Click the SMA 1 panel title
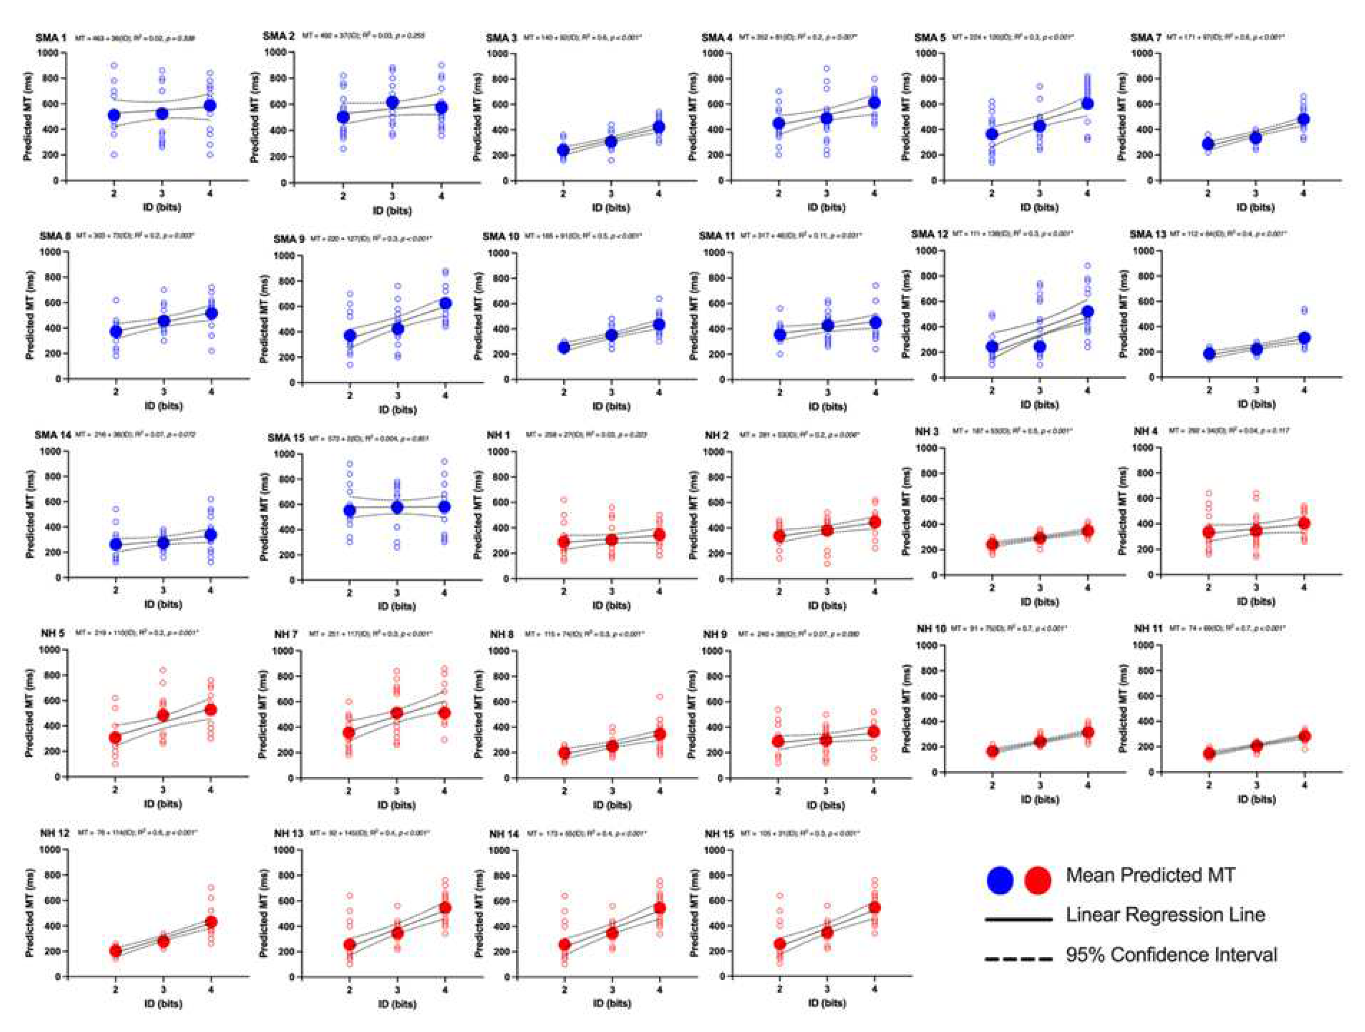pos(51,38)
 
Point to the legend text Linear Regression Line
pos(1165,915)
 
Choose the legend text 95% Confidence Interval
pos(1171,955)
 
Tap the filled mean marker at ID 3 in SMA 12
pos(1040,346)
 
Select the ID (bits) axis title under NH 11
pos(1255,799)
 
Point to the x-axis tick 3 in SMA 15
pos(397,593)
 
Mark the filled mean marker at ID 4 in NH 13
pos(446,908)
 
